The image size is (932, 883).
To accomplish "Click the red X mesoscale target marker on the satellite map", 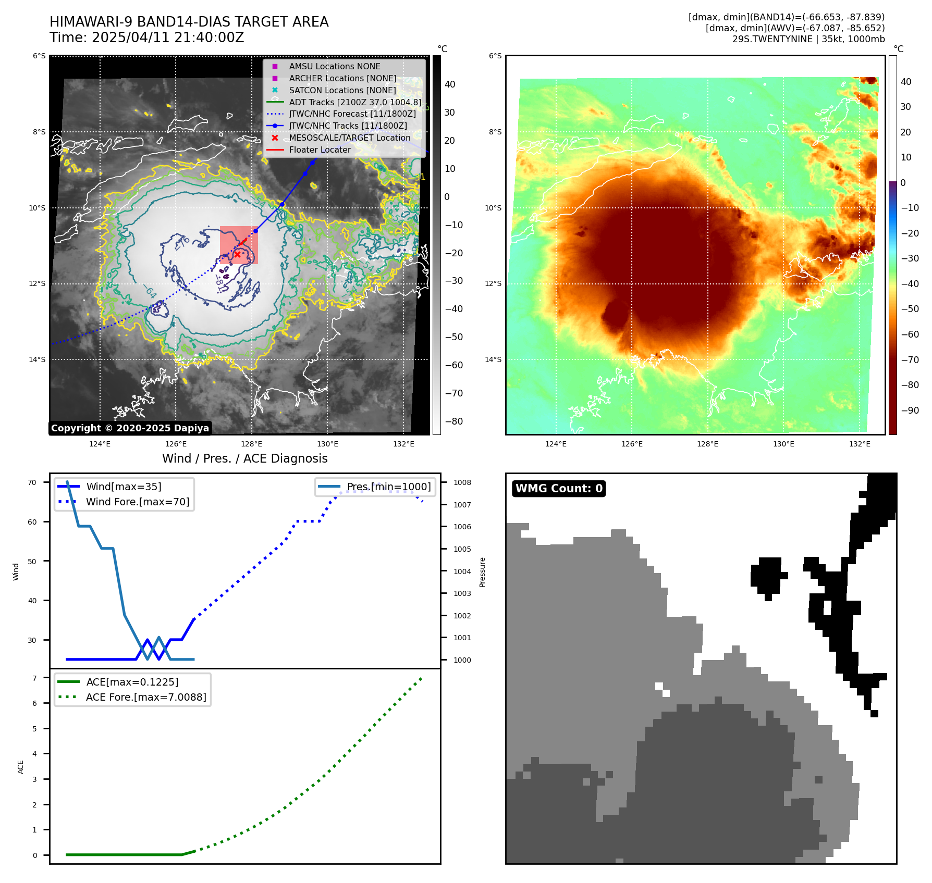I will [x=237, y=254].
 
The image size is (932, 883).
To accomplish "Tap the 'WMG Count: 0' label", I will [x=559, y=489].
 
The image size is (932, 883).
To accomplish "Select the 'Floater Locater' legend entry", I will [x=320, y=150].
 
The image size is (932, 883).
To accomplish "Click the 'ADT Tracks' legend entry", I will [x=354, y=103].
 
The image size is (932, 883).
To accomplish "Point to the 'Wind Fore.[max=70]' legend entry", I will [x=138, y=502].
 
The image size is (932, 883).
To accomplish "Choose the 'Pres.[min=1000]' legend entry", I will [x=388, y=487].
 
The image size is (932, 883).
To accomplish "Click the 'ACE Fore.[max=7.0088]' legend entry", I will [x=146, y=697].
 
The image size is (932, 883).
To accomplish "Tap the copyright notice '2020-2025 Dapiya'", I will [x=130, y=428].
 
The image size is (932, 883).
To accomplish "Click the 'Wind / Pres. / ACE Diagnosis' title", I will [x=244, y=458].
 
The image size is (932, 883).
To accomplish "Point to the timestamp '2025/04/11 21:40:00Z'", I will [x=168, y=38].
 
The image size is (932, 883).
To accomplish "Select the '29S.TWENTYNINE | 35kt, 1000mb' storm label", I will [x=808, y=39].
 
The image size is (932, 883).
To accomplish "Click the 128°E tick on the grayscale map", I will [x=252, y=444].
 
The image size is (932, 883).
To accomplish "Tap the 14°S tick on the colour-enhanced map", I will [x=493, y=359].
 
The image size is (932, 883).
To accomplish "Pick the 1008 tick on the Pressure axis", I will [x=462, y=482].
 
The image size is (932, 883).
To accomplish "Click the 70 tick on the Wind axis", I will [x=32, y=482].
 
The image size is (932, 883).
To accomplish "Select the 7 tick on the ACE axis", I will [x=34, y=678].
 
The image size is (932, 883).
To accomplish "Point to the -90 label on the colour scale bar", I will [x=910, y=411].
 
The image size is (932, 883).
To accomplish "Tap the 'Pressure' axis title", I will [x=483, y=572].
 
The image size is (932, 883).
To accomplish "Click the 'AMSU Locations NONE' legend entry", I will [x=334, y=67].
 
